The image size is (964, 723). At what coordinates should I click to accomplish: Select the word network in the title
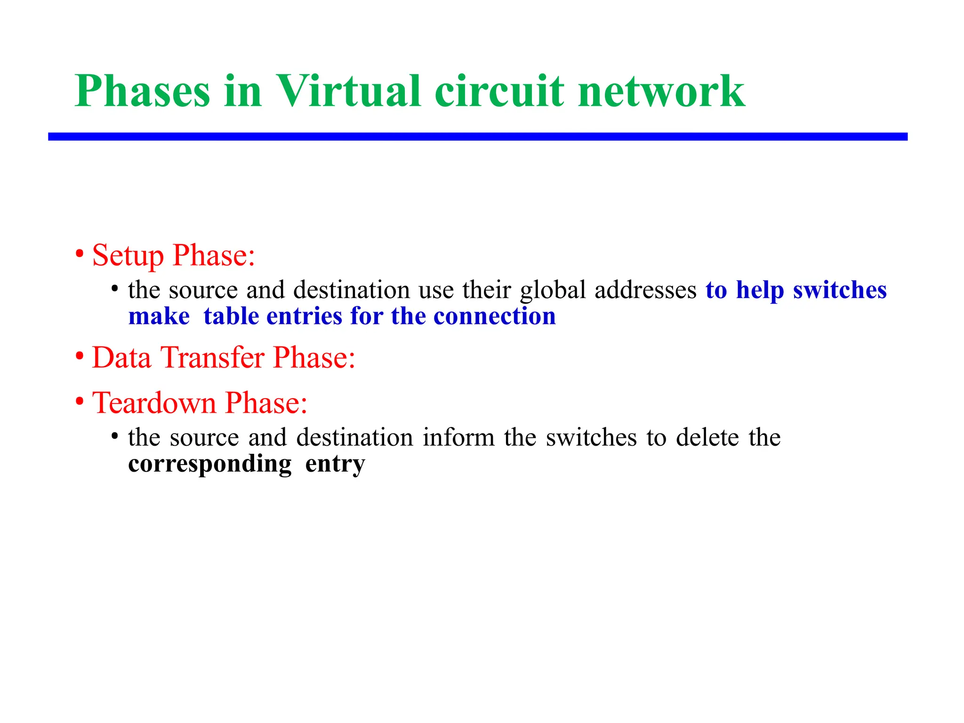[661, 91]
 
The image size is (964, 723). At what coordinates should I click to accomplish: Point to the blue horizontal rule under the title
[477, 137]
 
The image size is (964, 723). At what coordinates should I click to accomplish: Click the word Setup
[128, 256]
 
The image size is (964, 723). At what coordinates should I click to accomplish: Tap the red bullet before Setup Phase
[80, 255]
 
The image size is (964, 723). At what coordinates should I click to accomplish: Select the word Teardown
[154, 403]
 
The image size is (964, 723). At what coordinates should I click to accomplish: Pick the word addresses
[645, 290]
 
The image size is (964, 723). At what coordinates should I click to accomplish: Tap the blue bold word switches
[840, 290]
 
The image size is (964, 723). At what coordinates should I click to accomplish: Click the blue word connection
[494, 316]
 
